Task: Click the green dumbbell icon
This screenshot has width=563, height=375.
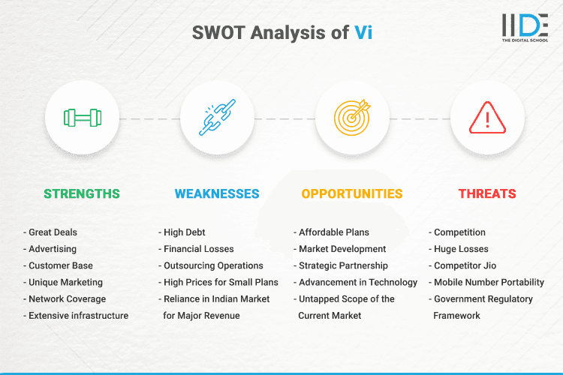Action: [82, 118]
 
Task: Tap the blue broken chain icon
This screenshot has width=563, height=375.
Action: [217, 118]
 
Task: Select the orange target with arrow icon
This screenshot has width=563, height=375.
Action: [352, 118]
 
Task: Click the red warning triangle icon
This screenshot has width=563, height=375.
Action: [487, 118]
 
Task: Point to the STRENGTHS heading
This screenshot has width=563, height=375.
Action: [82, 193]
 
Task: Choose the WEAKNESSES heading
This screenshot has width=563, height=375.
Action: [217, 193]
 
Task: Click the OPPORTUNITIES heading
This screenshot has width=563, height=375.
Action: [352, 193]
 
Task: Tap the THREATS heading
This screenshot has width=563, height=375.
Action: [487, 193]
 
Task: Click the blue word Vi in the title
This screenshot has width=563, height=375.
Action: [363, 32]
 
